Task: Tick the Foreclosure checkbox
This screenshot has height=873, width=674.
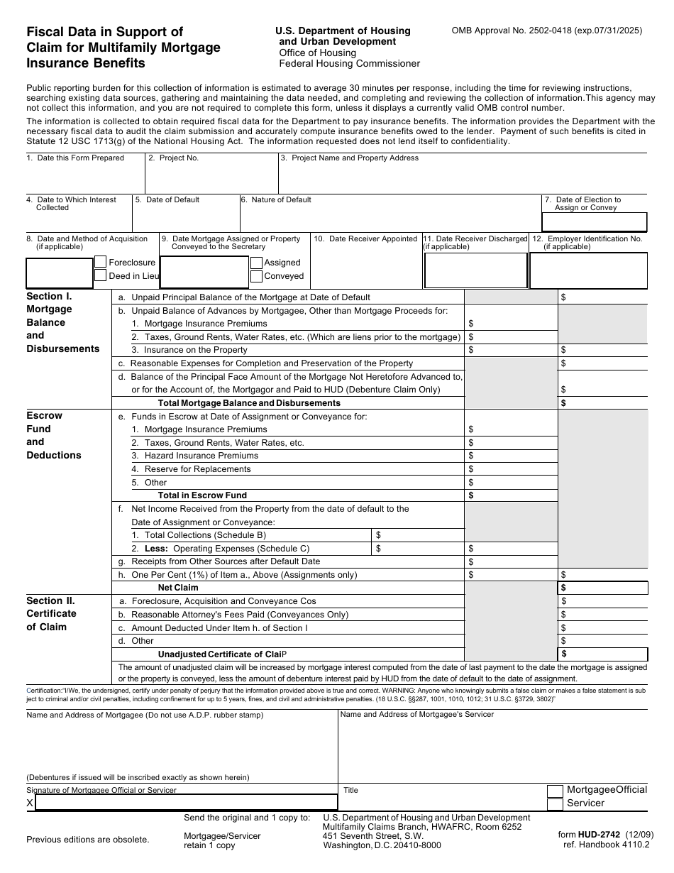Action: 101,262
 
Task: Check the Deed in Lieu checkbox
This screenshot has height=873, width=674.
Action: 101,275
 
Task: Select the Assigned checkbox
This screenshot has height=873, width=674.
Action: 256,262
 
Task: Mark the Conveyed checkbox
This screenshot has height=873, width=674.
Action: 256,275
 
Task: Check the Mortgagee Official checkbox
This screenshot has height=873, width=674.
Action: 556,791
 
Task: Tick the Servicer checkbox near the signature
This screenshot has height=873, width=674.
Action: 556,804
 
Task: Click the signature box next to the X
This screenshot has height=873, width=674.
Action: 186,803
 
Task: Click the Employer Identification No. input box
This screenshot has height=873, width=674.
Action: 588,270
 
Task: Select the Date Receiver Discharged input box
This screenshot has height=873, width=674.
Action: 475,270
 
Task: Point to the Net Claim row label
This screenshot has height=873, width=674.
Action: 178,588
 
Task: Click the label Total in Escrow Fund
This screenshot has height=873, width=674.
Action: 202,495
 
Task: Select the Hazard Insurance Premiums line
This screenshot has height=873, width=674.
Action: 201,456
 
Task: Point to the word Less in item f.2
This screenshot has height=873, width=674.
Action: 157,549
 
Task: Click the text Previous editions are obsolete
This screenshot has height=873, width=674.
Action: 88,840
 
